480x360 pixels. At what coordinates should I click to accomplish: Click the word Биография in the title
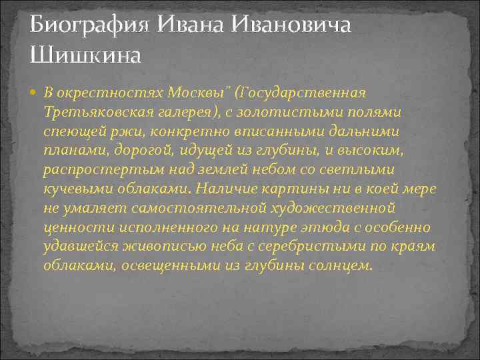90,25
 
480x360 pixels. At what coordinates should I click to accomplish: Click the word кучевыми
71,189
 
